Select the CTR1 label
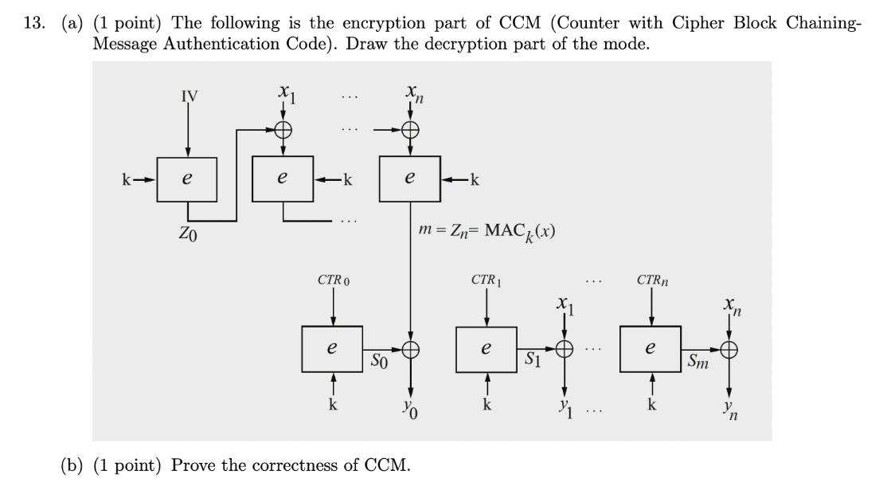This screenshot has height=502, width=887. [x=486, y=280]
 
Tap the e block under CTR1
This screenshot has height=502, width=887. [x=486, y=348]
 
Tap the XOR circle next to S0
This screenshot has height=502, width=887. [x=411, y=348]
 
